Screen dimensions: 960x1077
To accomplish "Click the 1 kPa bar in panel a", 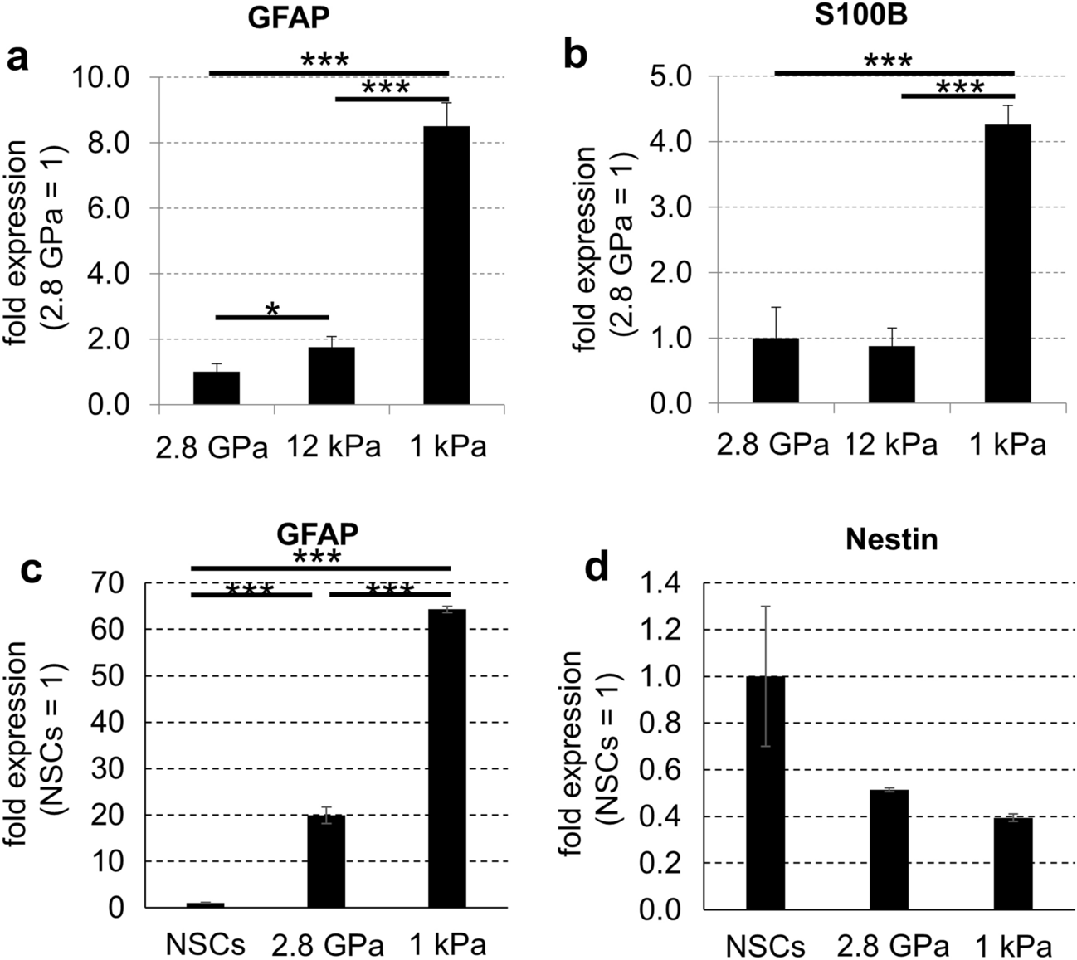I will point(446,266).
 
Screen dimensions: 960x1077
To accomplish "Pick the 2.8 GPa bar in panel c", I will point(326,862).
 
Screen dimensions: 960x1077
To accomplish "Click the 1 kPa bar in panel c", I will point(446,759).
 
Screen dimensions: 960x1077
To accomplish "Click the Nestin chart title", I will point(892,540).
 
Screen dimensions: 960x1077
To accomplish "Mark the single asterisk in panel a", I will point(271,310).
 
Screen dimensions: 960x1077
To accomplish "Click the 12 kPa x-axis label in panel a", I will point(334,446).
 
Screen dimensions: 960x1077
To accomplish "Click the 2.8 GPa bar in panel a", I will point(217,388).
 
